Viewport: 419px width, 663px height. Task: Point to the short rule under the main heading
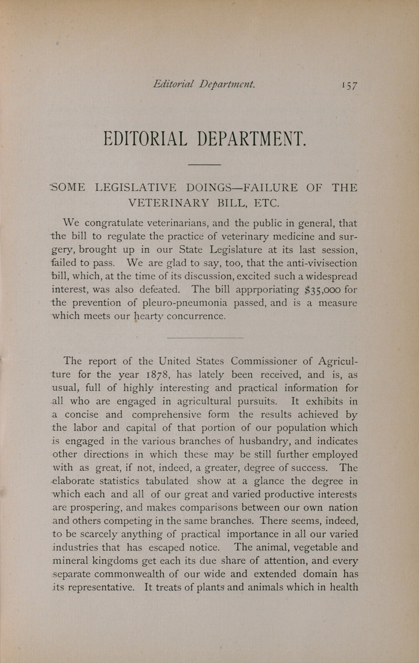click(204, 165)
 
